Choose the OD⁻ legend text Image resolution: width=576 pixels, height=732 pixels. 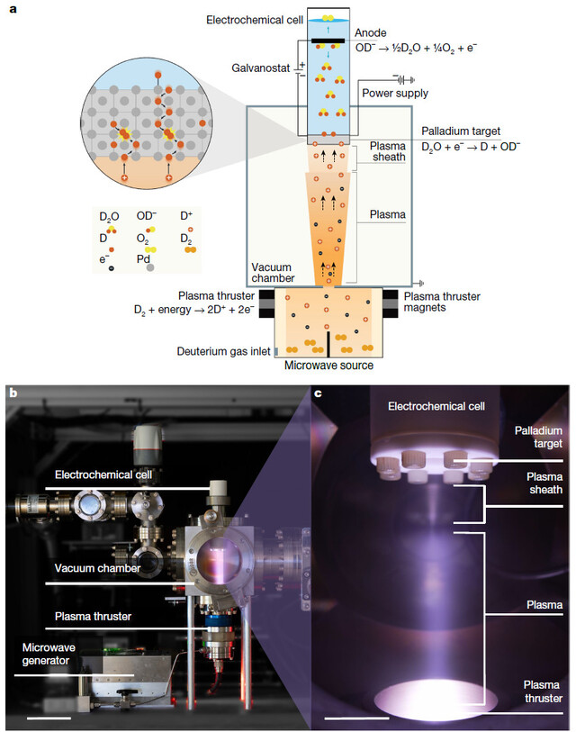pos(148,217)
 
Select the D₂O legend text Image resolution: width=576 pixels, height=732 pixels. pos(109,217)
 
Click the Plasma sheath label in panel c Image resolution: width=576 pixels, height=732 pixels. pos(544,483)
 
